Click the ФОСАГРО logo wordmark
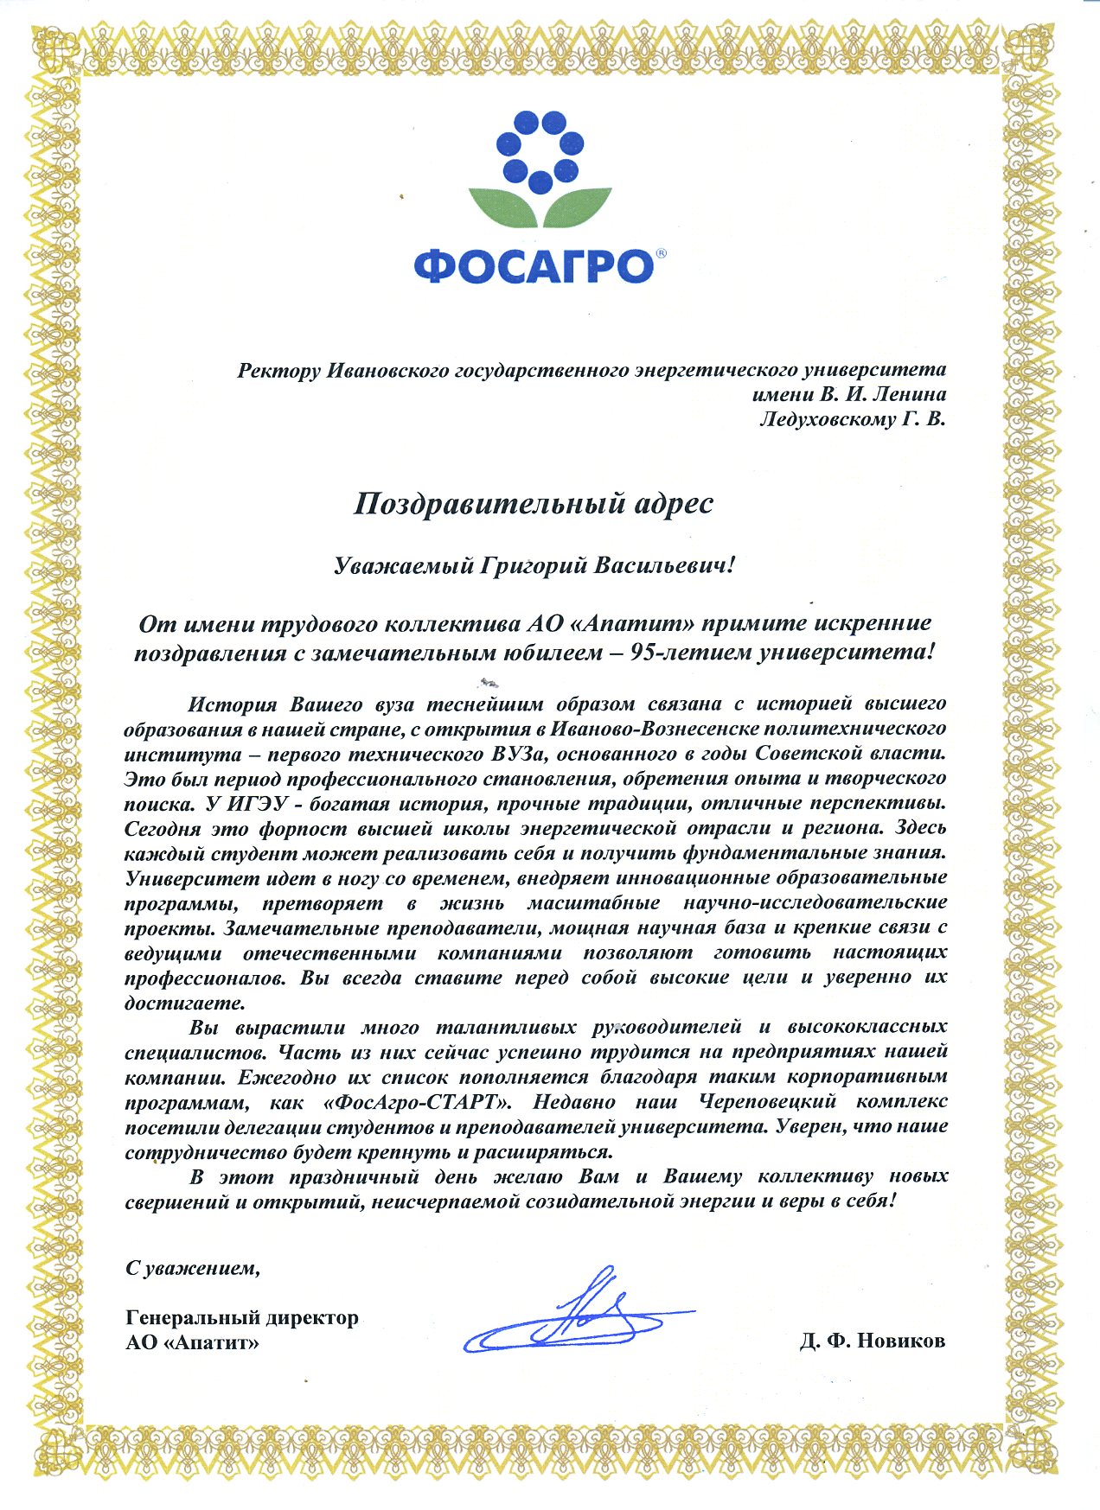(533, 266)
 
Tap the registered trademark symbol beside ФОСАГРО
(661, 254)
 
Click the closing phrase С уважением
(192, 1268)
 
